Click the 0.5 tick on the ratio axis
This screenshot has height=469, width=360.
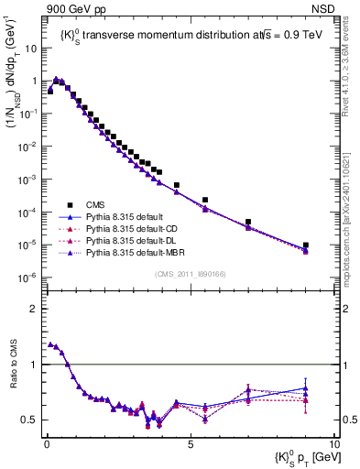(29, 420)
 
